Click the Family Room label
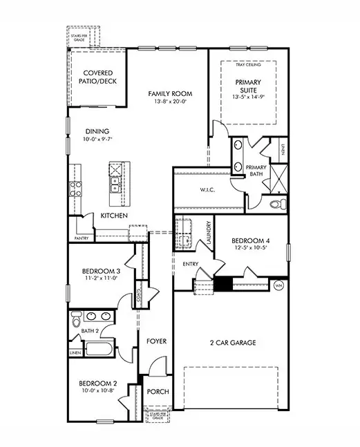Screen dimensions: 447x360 pos(170,93)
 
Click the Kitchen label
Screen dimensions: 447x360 pos(114,216)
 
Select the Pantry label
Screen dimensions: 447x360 pos(82,238)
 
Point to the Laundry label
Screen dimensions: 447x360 pos(208,233)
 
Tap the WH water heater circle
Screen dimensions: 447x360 pos(280,285)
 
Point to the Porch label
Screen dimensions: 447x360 pos(158,392)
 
